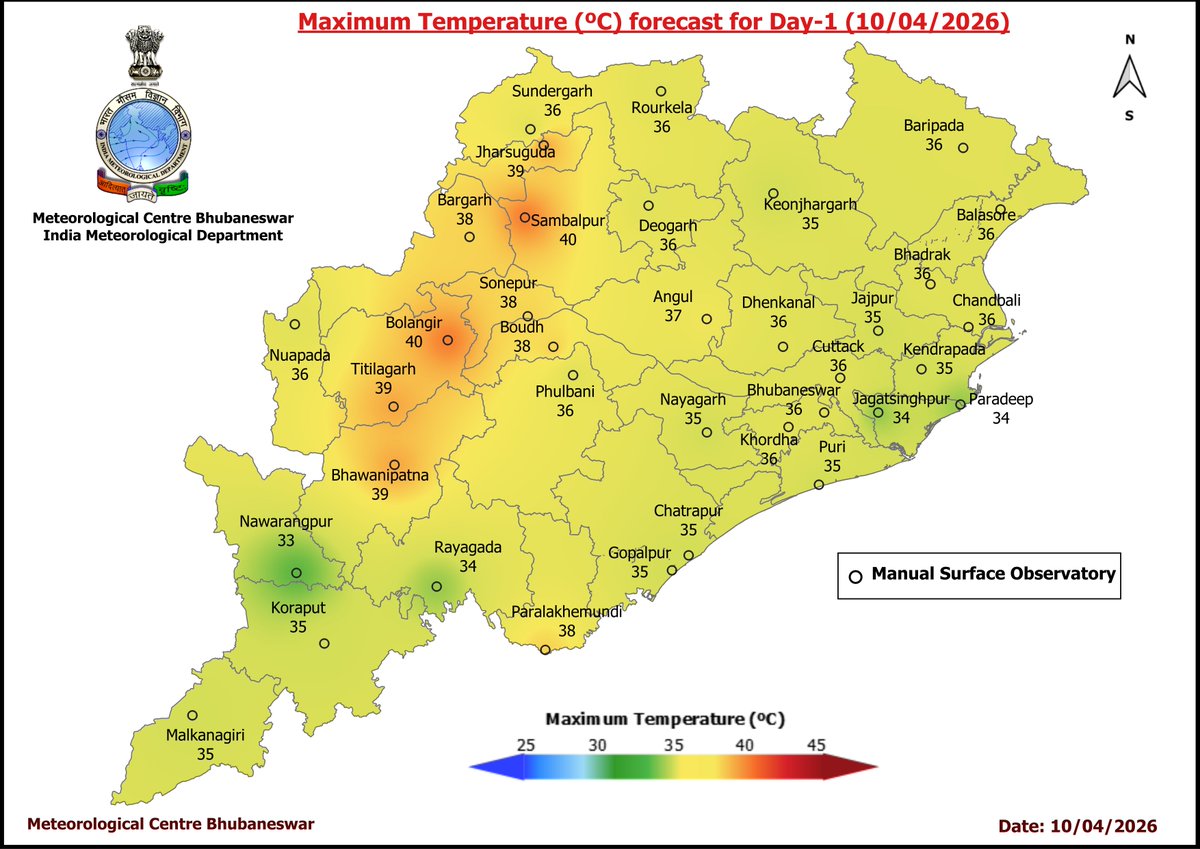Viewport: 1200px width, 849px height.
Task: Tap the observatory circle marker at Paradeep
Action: tap(959, 405)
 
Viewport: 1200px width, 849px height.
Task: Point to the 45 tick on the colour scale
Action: tap(816, 745)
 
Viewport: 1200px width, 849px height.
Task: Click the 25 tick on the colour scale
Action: tap(526, 745)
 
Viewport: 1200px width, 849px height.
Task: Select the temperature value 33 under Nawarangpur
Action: tap(286, 540)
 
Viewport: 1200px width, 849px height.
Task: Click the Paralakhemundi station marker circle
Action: tap(545, 650)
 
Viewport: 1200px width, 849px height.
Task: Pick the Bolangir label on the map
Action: tap(413, 324)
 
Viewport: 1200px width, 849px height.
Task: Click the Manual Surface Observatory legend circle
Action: tap(855, 576)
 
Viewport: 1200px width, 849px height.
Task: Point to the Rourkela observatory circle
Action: tap(660, 90)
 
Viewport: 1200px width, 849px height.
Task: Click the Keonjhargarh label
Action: tap(810, 204)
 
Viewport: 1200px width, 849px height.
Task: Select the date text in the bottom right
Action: tap(1077, 826)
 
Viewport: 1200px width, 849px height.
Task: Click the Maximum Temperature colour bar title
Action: tap(664, 719)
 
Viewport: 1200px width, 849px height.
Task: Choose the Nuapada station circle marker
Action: tap(295, 324)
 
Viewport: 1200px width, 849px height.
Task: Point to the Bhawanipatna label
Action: tap(380, 476)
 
